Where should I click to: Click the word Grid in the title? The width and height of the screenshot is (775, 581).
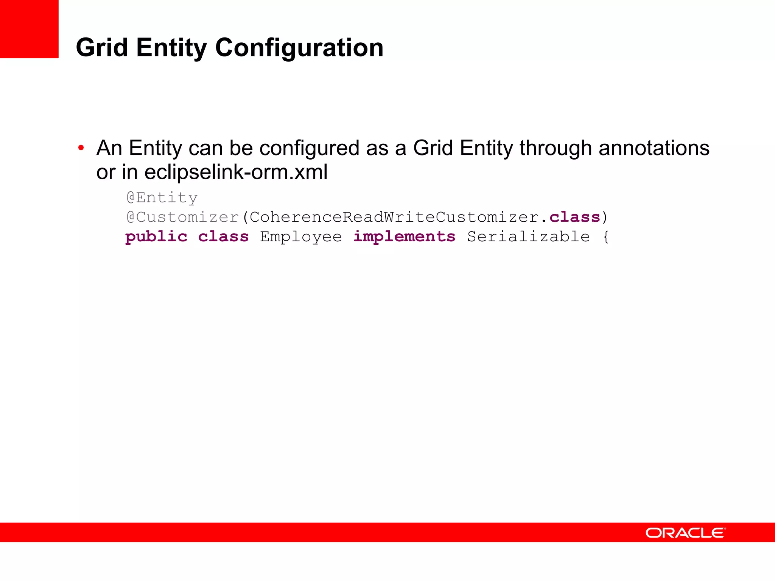[x=102, y=48]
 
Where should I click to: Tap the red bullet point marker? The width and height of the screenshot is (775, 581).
[x=81, y=148]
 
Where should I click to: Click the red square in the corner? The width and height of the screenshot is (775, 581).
[x=29, y=29]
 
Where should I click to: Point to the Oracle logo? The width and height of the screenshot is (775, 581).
[x=685, y=533]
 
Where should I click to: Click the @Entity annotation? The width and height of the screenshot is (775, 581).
[x=162, y=197]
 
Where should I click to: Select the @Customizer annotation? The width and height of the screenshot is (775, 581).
[x=182, y=217]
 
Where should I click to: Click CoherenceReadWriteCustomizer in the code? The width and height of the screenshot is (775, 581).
[x=394, y=217]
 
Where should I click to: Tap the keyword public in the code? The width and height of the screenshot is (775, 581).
[x=156, y=237]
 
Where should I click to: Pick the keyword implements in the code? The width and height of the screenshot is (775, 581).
[x=404, y=237]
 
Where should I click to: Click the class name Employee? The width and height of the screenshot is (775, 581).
[x=301, y=237]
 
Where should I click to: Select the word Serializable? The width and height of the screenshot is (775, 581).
[x=528, y=237]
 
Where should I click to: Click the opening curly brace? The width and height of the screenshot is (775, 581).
[x=605, y=237]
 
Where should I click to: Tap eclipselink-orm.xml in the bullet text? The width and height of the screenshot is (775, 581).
[x=236, y=172]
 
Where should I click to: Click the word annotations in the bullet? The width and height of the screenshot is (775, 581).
[x=654, y=148]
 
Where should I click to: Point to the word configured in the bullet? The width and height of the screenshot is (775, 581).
[x=309, y=148]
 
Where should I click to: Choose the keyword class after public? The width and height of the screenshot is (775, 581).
[x=223, y=237]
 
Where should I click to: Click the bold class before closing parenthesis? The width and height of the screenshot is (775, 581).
[x=574, y=217]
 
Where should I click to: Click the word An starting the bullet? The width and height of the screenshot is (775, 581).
[x=110, y=148]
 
